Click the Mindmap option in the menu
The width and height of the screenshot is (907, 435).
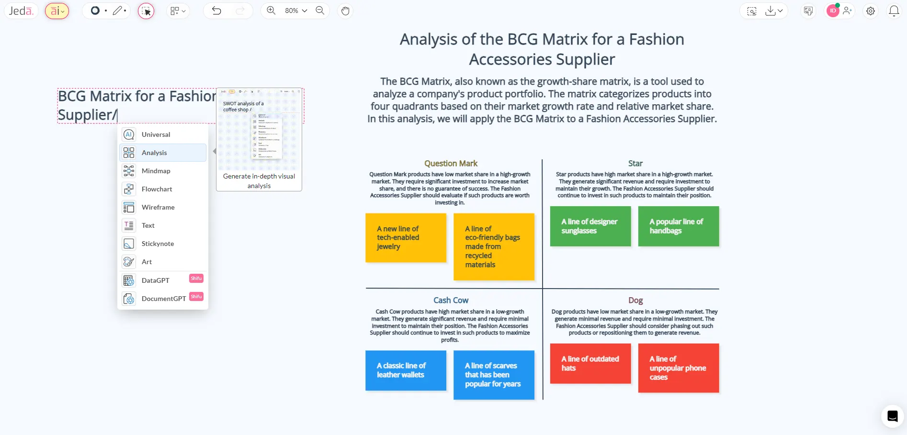click(156, 171)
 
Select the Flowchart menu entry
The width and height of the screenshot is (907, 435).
click(157, 189)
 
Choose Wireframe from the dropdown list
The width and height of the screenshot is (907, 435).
click(158, 207)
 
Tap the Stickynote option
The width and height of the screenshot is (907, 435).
click(158, 244)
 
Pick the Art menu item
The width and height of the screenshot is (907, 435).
click(147, 262)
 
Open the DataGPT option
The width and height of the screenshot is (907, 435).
click(155, 280)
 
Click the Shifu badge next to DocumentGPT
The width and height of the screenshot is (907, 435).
click(196, 297)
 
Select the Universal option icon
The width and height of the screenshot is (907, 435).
click(129, 134)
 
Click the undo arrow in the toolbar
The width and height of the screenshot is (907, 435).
click(216, 11)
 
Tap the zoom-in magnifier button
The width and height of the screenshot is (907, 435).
click(271, 11)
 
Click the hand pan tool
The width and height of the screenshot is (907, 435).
click(345, 11)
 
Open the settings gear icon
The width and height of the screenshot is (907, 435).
click(871, 11)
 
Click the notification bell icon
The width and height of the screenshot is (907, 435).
click(894, 11)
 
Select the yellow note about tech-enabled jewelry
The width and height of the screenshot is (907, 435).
click(406, 238)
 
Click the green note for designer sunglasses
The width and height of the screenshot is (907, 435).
click(590, 226)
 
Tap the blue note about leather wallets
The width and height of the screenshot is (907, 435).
click(406, 370)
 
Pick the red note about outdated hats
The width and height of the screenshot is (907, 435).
click(590, 363)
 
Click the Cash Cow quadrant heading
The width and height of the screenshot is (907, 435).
click(451, 301)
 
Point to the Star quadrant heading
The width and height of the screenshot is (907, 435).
click(635, 164)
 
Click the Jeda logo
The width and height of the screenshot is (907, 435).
click(21, 11)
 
